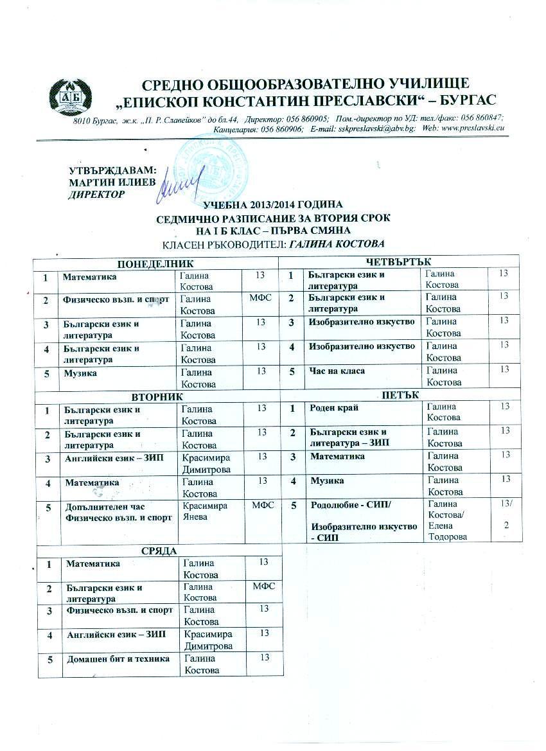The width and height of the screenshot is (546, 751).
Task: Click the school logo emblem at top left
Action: pos(67,98)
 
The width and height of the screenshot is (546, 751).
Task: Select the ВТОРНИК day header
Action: pos(157,397)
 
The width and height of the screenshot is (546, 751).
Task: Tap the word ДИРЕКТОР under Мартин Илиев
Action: pos(96,193)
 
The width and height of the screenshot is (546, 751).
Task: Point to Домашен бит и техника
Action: pos(118,658)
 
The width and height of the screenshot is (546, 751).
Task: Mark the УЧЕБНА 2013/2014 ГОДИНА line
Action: pos(273,206)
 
